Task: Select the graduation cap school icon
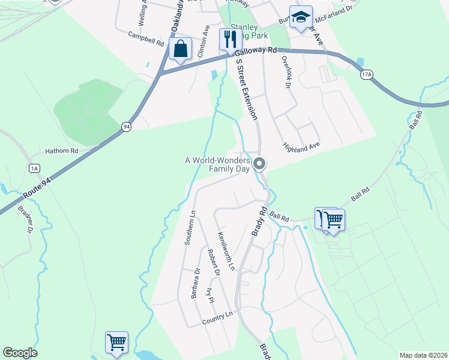[x=301, y=17]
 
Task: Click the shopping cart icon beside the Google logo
[x=116, y=343]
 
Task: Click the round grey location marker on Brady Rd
[x=260, y=163]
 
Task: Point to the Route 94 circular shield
[x=126, y=127]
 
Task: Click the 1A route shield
[x=34, y=168]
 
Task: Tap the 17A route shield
[x=367, y=74]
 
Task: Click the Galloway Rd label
[x=260, y=53]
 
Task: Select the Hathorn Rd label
[x=62, y=151]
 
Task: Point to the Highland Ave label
[x=301, y=146]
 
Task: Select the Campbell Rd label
[x=146, y=40]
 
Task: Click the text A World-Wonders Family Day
[x=217, y=164]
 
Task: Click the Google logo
[x=20, y=353]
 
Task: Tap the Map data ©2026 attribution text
[x=423, y=355]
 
